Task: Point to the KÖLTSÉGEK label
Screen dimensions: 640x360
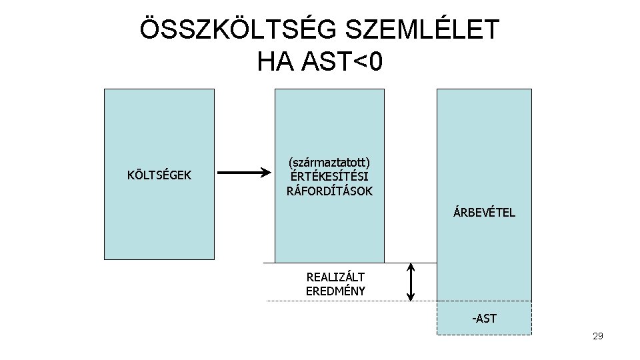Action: pyautogui.click(x=159, y=175)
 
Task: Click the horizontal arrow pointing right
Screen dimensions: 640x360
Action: pyautogui.click(x=244, y=175)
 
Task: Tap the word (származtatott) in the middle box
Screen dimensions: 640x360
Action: pyautogui.click(x=329, y=162)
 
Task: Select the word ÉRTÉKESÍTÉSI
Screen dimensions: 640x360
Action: pyautogui.click(x=329, y=177)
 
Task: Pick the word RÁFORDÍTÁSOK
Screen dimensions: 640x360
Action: pyautogui.click(x=329, y=191)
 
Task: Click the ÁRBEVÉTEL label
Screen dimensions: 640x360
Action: pyautogui.click(x=484, y=213)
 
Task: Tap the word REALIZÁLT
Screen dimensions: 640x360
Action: pyautogui.click(x=335, y=277)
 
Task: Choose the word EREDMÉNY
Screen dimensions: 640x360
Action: pyautogui.click(x=335, y=291)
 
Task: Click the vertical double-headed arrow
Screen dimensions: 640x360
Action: pyautogui.click(x=411, y=282)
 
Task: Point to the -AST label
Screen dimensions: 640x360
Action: pyautogui.click(x=484, y=318)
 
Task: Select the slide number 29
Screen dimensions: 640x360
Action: pyautogui.click(x=597, y=336)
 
